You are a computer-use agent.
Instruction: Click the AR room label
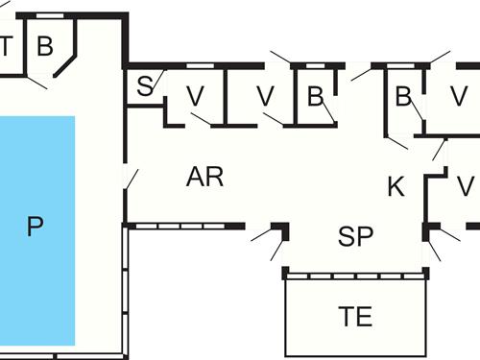click(204, 177)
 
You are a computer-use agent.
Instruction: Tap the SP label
click(355, 237)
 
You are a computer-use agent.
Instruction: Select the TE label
click(356, 317)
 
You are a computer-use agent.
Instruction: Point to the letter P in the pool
click(36, 228)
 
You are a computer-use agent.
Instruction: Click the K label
click(396, 186)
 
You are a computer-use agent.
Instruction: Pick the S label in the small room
click(145, 86)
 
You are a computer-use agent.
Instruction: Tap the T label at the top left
click(6, 44)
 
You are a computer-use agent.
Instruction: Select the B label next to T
click(44, 44)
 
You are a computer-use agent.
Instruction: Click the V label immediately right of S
click(196, 96)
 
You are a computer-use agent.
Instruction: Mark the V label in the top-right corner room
click(459, 96)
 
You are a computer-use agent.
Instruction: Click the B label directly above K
click(403, 96)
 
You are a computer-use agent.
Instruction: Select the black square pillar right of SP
click(429, 230)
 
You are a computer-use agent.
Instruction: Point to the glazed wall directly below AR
click(184, 227)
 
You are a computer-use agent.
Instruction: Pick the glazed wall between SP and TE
click(355, 274)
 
